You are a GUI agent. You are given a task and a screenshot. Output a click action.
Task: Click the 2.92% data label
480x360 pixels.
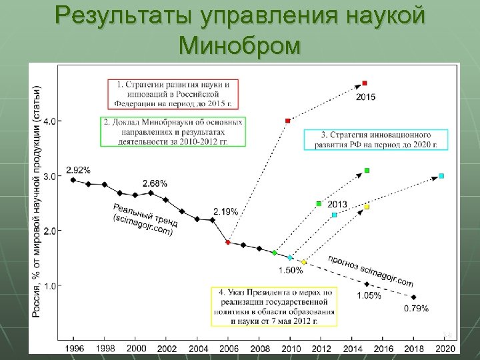pos(78,170)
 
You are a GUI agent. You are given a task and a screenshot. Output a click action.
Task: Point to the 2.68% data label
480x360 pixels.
pos(155,183)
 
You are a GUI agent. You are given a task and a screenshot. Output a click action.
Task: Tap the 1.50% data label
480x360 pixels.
pos(289,270)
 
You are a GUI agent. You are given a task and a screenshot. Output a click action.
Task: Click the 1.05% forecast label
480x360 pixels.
pos(369,295)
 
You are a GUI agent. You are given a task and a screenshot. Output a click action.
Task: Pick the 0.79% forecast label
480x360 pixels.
pos(416,309)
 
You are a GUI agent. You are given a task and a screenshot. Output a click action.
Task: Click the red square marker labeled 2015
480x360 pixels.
pos(365,83)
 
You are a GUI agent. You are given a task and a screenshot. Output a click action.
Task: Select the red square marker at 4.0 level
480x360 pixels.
pos(287,121)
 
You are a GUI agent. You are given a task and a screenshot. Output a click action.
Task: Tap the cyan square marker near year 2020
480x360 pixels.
pos(441,176)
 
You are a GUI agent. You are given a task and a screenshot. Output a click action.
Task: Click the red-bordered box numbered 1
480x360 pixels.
pos(175,94)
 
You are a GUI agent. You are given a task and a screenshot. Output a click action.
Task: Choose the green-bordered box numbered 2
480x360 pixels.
pos(173,132)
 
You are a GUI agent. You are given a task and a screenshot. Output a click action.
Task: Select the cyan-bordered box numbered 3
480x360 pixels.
pos(375,139)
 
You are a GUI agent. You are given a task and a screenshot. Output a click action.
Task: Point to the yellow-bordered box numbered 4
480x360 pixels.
pos(274,307)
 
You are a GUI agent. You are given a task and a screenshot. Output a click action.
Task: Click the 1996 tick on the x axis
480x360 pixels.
pos(73,348)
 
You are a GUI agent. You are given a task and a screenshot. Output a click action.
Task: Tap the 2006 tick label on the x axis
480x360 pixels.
pos(228,348)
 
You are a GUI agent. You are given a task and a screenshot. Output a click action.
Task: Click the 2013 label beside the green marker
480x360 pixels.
pos(337,205)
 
